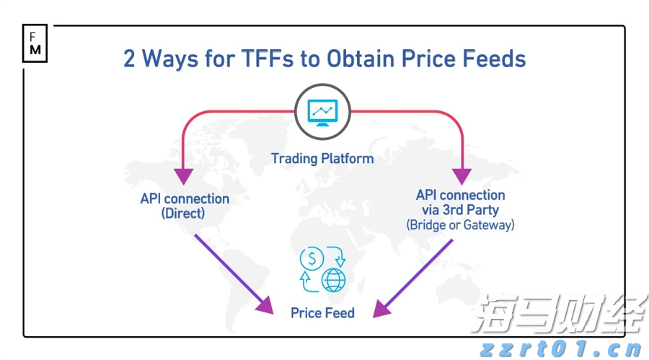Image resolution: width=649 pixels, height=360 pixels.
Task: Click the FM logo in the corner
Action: click(35, 43)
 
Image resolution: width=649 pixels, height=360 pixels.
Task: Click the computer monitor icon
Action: click(322, 113)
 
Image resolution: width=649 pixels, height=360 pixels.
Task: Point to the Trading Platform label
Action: click(322, 158)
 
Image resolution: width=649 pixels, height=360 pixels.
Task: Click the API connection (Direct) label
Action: click(185, 206)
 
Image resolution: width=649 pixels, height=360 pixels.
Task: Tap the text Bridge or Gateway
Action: click(460, 225)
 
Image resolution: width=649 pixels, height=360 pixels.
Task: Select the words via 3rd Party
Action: click(460, 211)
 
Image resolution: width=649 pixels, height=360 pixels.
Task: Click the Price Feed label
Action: click(322, 313)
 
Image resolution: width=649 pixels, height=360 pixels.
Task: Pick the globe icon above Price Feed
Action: click(334, 278)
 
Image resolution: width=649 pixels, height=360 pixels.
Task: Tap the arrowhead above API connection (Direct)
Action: click(185, 175)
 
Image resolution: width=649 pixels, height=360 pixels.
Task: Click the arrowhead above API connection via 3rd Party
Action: click(461, 175)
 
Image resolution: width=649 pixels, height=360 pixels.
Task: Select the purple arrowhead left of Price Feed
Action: click(266, 306)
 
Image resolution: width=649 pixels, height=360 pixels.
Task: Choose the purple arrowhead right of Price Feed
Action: click(380, 308)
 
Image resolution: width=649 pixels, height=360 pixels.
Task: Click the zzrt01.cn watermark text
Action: click(560, 350)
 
